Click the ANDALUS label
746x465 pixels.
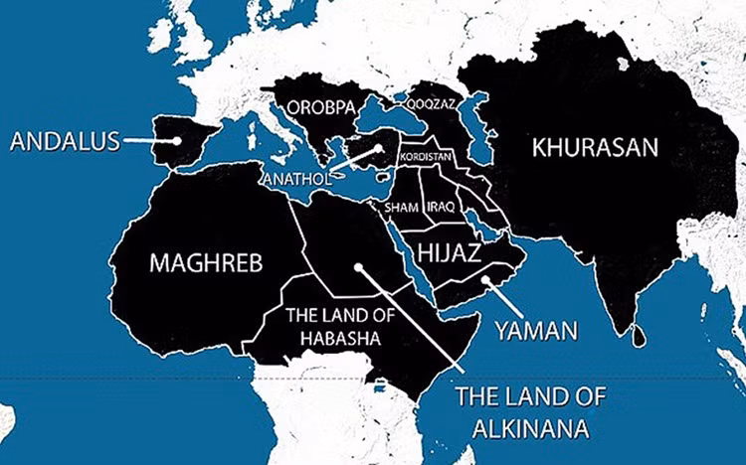tap(66, 141)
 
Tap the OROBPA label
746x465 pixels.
tap(320, 106)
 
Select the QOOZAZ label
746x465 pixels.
tap(429, 101)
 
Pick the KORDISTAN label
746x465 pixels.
tap(425, 157)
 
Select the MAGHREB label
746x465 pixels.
tap(206, 263)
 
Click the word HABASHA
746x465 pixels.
tap(333, 338)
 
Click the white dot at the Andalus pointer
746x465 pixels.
tap(177, 140)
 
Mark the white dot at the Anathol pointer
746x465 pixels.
tap(380, 152)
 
